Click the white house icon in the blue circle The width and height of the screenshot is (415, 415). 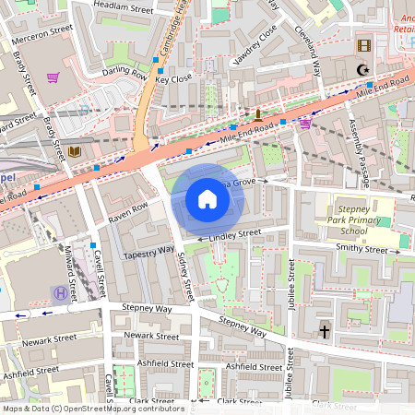207,198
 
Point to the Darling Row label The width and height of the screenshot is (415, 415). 124,72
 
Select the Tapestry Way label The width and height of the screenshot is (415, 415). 148,251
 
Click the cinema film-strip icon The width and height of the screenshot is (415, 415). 363,45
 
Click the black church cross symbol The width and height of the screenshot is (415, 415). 324,329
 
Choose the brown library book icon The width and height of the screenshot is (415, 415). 74,151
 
